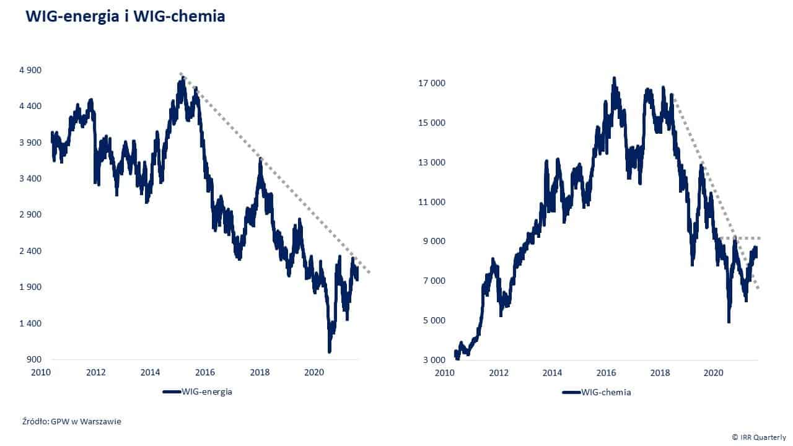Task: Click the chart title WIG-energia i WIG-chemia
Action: (x=125, y=17)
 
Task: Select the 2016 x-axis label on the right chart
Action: (x=606, y=373)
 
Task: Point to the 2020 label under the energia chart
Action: (x=314, y=373)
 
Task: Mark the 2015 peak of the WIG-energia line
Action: (x=182, y=80)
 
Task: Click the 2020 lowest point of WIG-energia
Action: (x=329, y=351)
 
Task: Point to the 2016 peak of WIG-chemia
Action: (x=614, y=79)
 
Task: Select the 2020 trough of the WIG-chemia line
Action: (x=729, y=321)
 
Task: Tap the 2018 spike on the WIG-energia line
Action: (x=261, y=160)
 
